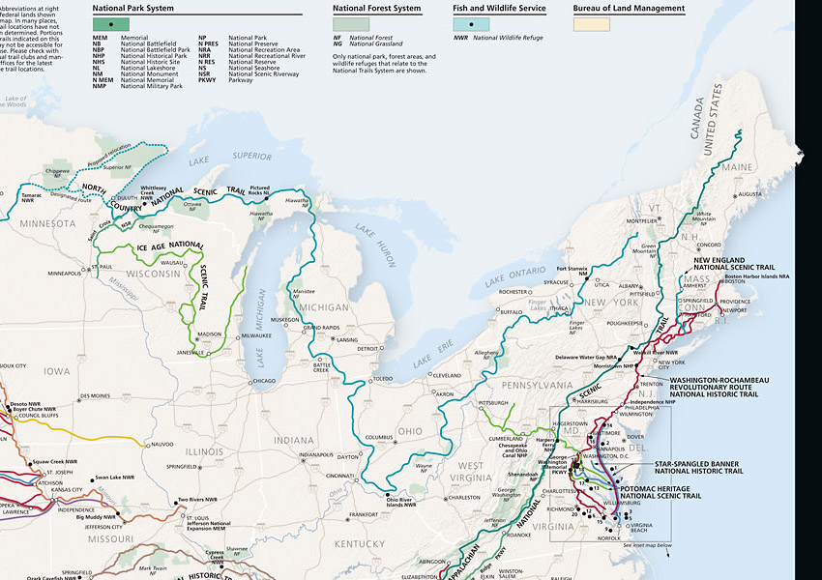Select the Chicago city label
pyautogui.click(x=263, y=381)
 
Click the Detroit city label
pyautogui.click(x=367, y=349)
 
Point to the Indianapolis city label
pyautogui.click(x=317, y=453)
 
